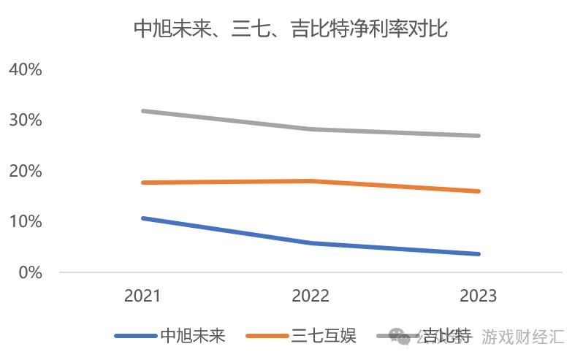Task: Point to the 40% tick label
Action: (x=26, y=69)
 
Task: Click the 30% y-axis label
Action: (x=26, y=120)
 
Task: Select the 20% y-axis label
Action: (x=26, y=171)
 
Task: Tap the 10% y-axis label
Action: (x=26, y=221)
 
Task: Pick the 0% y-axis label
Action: (x=30, y=272)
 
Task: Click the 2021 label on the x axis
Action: (x=142, y=296)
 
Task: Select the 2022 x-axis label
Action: (x=310, y=296)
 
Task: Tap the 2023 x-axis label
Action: (x=479, y=296)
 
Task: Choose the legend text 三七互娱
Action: (x=324, y=336)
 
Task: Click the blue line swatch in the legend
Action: (x=136, y=336)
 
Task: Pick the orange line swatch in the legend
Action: (x=267, y=336)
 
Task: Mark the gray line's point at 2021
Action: (x=143, y=111)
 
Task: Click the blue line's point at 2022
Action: (x=311, y=243)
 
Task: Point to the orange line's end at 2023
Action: (x=479, y=191)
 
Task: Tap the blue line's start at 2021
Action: (x=143, y=218)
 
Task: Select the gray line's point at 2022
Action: (x=311, y=129)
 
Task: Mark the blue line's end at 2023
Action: (x=479, y=254)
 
